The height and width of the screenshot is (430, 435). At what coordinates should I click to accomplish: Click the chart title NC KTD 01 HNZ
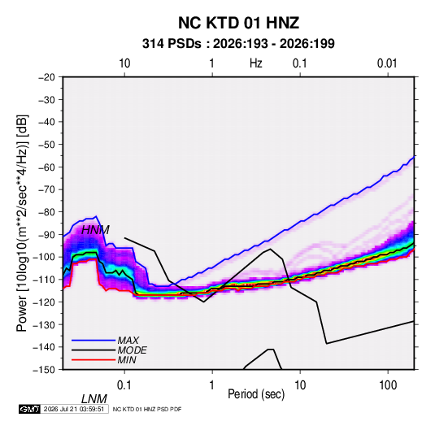point(238,23)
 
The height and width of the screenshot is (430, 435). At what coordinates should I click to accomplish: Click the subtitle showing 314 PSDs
point(238,44)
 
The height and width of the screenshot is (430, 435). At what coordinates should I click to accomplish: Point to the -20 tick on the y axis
point(46,77)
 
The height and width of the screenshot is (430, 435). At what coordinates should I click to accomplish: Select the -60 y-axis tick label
point(46,167)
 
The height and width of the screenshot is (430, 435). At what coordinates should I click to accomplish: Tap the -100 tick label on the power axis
point(44,257)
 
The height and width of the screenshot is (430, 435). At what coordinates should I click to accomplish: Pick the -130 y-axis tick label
point(44,324)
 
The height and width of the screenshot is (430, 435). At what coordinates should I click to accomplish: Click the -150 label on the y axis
point(44,370)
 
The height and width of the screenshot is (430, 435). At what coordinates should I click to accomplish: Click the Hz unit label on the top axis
point(256,63)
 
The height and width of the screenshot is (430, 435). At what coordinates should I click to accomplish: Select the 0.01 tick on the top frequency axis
point(387,63)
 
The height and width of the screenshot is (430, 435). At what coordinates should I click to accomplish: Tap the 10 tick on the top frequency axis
point(124,63)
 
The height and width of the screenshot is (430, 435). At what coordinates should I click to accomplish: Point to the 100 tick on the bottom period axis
point(388,385)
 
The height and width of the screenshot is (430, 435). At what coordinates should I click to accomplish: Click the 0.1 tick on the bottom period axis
point(124,385)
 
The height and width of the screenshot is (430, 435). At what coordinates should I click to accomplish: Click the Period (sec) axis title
point(256,394)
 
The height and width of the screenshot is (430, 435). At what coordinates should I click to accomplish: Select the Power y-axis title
point(22,224)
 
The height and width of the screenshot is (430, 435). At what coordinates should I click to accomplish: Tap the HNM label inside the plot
point(95,230)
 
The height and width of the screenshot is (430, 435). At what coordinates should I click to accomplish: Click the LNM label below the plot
point(94,399)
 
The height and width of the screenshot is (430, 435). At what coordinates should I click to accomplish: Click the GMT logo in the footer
point(29,409)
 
